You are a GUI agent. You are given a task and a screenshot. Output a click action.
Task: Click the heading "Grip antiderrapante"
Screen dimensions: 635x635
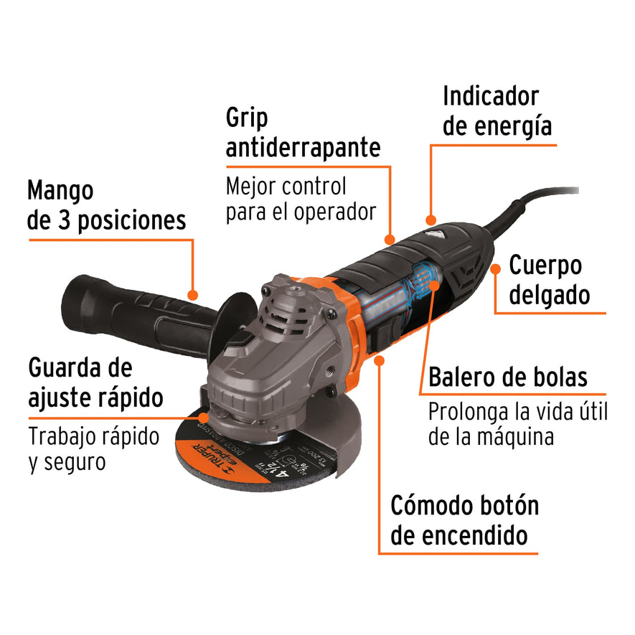click(x=303, y=133)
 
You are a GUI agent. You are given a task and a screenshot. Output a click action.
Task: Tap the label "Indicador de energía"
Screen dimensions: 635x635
click(x=497, y=110)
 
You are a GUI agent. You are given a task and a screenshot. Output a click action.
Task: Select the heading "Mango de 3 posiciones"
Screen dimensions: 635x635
click(x=107, y=205)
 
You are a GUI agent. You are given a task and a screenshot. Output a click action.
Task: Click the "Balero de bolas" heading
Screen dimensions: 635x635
click(x=508, y=377)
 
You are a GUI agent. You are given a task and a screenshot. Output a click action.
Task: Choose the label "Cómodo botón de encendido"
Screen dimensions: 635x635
click(x=464, y=519)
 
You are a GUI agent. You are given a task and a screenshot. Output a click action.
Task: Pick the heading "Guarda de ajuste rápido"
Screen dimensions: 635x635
click(x=95, y=382)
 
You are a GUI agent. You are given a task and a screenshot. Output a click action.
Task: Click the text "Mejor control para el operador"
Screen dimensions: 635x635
click(x=301, y=199)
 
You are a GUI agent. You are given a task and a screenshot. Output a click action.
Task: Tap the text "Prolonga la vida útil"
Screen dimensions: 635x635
click(x=517, y=412)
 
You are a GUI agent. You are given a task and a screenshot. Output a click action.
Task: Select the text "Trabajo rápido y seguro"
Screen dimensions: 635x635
click(x=94, y=448)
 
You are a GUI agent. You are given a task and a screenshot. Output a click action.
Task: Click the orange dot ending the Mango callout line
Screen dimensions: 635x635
click(x=192, y=294)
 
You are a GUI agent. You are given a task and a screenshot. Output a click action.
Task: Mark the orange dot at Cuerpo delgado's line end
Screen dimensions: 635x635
click(x=495, y=269)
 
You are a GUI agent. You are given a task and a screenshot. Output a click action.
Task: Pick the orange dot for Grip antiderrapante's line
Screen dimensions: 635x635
click(x=390, y=239)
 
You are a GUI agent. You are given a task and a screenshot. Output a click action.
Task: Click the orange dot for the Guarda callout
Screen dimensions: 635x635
click(x=205, y=415)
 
